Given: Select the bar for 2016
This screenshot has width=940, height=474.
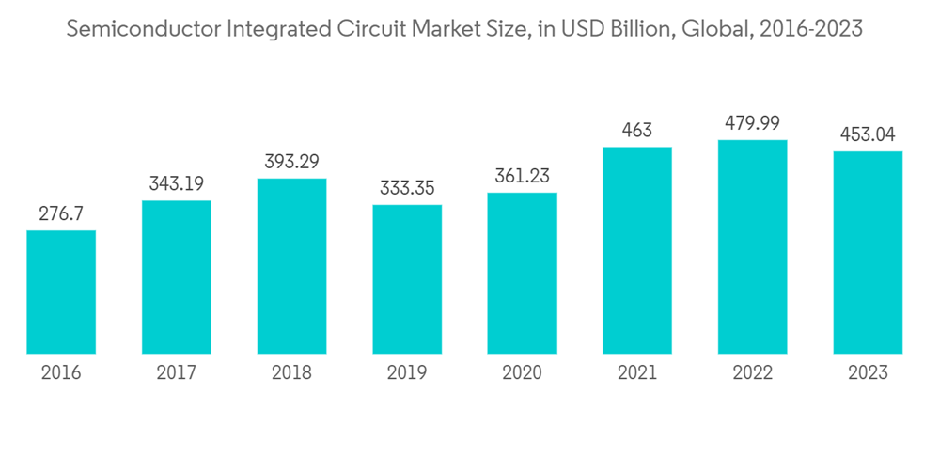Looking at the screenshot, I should pyautogui.click(x=61, y=292).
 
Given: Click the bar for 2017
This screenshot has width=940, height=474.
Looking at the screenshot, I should pyautogui.click(x=177, y=277).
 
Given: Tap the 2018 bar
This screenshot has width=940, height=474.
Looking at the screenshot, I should pyautogui.click(x=291, y=266).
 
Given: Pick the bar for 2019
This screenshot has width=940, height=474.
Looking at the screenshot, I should pyautogui.click(x=407, y=279).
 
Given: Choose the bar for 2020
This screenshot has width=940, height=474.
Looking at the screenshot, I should pyautogui.click(x=522, y=273).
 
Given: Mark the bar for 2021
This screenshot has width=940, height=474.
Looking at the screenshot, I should pyautogui.click(x=637, y=250).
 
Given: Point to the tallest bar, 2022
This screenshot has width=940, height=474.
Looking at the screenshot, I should pyautogui.click(x=752, y=246).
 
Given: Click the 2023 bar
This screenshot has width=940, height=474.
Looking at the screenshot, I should pyautogui.click(x=868, y=252).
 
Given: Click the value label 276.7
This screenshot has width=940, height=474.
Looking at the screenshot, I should pyautogui.click(x=61, y=214).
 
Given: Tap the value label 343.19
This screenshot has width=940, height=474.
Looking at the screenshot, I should pyautogui.click(x=177, y=184).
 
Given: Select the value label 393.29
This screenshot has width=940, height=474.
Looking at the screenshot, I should pyautogui.click(x=291, y=162).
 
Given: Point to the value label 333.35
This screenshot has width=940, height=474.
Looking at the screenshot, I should pyautogui.click(x=407, y=188).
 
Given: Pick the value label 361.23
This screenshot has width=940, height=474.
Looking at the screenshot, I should pyautogui.click(x=522, y=176).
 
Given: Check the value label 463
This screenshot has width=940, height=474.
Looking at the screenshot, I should pyautogui.click(x=637, y=131).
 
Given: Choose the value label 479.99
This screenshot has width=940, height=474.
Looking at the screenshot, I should pyautogui.click(x=752, y=123).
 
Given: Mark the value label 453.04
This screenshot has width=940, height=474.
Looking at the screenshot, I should pyautogui.click(x=868, y=134).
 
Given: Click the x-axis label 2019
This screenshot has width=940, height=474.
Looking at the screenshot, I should pyautogui.click(x=407, y=373).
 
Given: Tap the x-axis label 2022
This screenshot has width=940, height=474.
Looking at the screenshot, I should pyautogui.click(x=752, y=373).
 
